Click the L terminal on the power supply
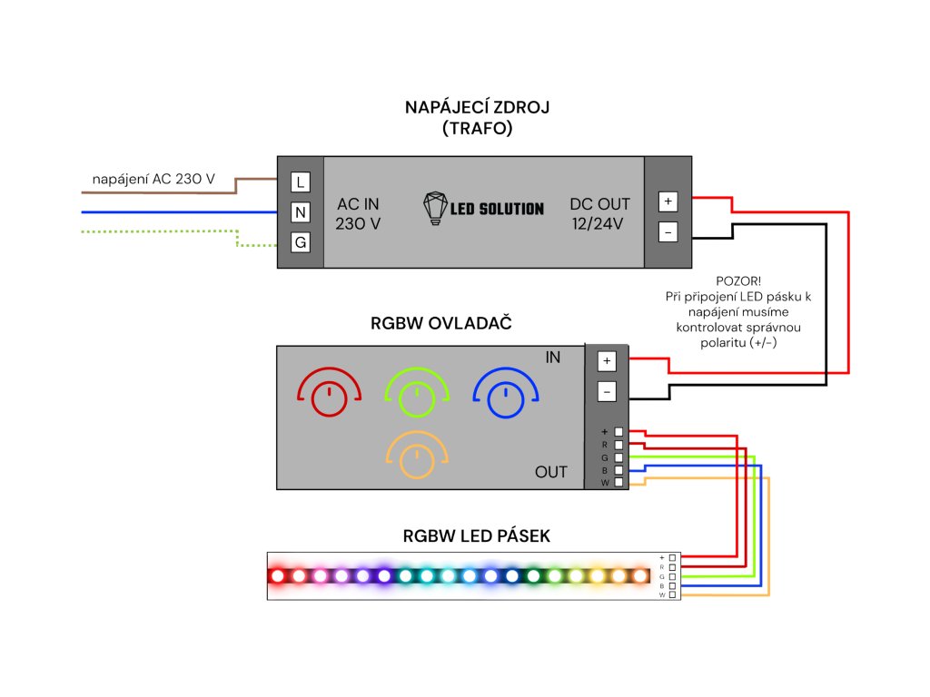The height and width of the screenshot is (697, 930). pos(301,182)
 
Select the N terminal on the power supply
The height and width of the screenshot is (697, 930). pos(301,212)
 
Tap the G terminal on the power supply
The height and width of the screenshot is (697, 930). pos(301,242)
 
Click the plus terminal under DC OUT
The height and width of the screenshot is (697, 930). pos(668,201)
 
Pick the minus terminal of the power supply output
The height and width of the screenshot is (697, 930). pos(668,232)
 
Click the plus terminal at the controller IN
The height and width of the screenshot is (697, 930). pos(608,361)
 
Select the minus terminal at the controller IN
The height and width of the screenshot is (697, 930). pos(608,392)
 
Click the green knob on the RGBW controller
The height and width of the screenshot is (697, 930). pos(416,397)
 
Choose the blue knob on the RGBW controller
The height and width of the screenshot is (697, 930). pos(506,397)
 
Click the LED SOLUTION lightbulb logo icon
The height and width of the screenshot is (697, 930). pos(437,208)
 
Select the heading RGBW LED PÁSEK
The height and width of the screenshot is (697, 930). pos(477,536)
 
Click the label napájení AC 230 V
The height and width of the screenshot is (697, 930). pos(153,180)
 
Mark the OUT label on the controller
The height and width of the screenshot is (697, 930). pos(550,472)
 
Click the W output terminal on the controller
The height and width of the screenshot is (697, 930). pos(619,483)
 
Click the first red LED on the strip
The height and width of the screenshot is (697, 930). pos(278,575)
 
